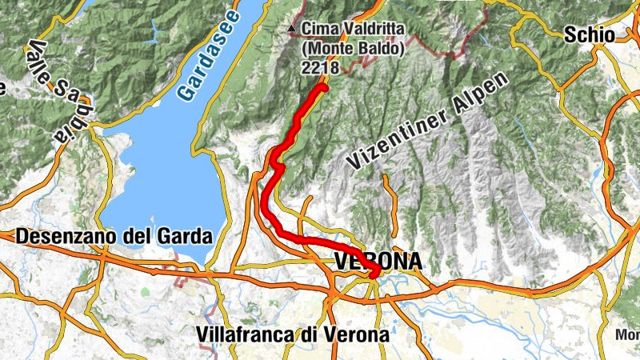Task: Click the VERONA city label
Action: coord(377,262)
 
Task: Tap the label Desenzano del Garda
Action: coord(114,237)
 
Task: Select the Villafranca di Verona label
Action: coord(293,334)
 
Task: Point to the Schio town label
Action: coord(589,34)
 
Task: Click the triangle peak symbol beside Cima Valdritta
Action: coord(292,30)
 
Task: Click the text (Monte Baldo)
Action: coord(353,49)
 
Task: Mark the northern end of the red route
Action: coord(324,87)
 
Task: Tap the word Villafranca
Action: coord(245,334)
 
